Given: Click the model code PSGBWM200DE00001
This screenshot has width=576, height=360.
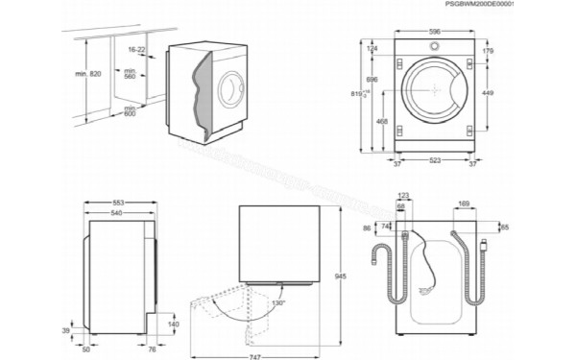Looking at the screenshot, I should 526,6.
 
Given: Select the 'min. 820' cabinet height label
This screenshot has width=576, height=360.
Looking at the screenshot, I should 87,74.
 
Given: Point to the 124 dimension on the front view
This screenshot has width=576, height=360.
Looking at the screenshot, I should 371,49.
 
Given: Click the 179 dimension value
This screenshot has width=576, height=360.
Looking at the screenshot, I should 489,50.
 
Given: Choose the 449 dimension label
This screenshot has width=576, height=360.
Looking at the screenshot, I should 489,93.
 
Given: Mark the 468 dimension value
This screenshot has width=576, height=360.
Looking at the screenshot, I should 381,122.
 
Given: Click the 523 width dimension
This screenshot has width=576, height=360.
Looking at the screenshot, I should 434,159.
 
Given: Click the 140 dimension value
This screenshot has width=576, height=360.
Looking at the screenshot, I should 174,324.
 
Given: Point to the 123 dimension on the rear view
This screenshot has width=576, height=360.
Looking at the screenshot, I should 403,197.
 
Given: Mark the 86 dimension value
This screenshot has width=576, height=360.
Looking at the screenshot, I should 366,228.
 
